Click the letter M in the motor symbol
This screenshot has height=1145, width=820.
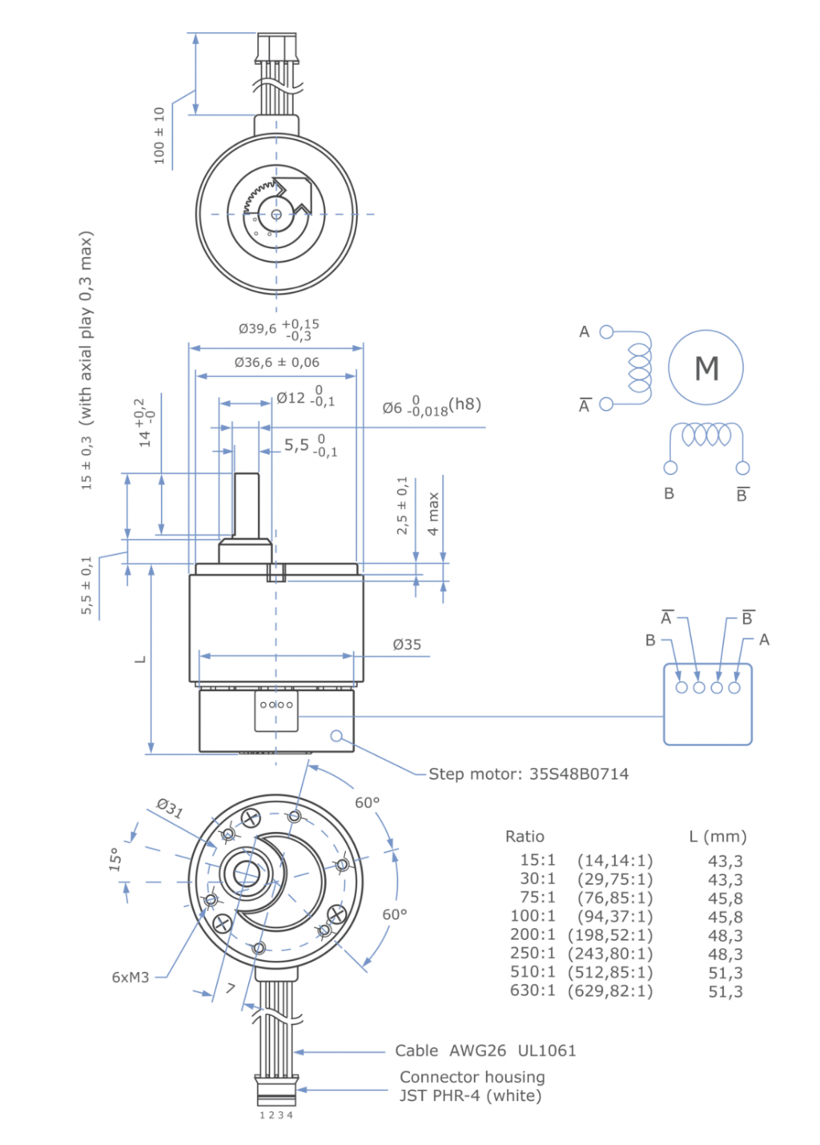(706, 368)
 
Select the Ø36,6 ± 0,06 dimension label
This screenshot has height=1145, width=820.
(276, 362)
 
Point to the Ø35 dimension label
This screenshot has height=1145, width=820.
(407, 645)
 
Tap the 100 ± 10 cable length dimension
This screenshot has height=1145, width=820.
(159, 135)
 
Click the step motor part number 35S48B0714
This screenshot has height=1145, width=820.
(579, 773)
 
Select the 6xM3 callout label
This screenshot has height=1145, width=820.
(131, 977)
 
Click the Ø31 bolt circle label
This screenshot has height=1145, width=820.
(170, 807)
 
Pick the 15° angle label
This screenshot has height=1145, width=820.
(116, 859)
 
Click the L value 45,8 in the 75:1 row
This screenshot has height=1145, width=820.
(725, 898)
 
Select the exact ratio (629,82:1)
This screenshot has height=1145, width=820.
(610, 991)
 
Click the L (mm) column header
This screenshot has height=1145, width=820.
(717, 836)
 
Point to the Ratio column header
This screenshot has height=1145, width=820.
(525, 836)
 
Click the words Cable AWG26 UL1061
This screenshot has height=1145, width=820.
(485, 1051)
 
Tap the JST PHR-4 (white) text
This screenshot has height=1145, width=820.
(470, 1095)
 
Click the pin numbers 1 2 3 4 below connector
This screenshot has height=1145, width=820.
(276, 1115)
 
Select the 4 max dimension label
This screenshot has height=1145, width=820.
(433, 513)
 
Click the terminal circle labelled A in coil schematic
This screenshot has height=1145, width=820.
(606, 331)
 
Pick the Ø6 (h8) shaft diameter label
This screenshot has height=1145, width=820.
(431, 406)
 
